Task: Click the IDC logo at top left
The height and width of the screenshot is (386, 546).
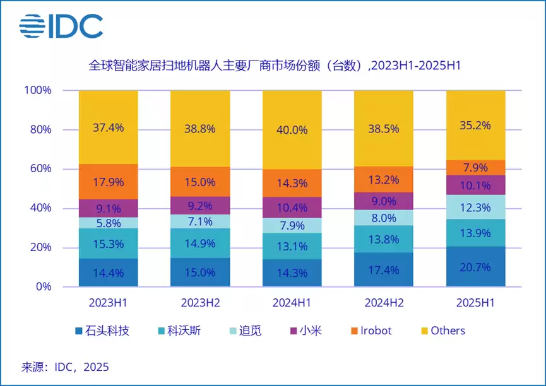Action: tap(61, 25)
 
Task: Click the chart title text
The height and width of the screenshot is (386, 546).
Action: tap(273, 65)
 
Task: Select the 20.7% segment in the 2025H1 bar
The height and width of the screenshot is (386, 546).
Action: tap(475, 267)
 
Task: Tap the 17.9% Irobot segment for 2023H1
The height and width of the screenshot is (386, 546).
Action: tap(108, 182)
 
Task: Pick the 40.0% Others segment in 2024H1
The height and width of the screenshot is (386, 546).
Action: tap(292, 130)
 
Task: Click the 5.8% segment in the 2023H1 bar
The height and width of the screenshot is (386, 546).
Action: tap(108, 223)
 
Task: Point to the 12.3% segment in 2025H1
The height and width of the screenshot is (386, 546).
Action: tap(475, 207)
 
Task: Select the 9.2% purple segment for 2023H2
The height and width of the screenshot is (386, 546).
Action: tap(199, 205)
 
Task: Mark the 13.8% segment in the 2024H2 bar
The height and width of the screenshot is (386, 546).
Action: tap(383, 239)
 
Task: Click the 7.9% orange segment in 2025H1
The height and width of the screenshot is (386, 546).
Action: tap(475, 168)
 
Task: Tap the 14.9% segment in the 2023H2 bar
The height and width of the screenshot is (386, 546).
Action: tap(199, 243)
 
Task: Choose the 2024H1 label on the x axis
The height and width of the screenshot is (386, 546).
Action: tap(292, 303)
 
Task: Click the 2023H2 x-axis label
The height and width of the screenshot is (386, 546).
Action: tap(199, 303)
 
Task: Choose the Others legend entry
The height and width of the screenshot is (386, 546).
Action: tap(442, 331)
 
